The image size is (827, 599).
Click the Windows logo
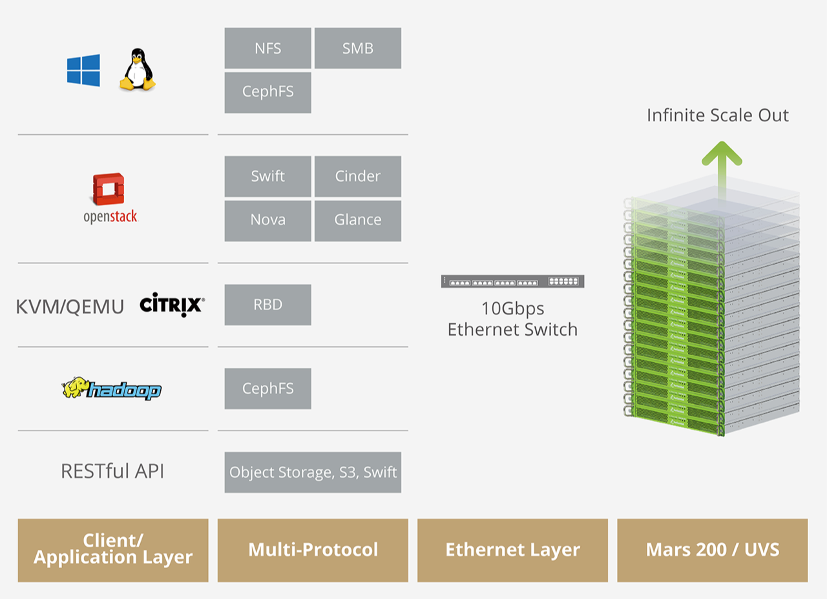(x=83, y=70)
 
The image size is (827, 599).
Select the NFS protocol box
(x=267, y=48)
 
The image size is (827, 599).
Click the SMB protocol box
(x=357, y=48)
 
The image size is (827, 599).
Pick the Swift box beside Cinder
(x=267, y=176)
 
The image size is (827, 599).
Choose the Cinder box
(x=357, y=176)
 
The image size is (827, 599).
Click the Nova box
(x=267, y=220)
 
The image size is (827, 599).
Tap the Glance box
(x=357, y=220)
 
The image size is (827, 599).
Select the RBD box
(x=267, y=304)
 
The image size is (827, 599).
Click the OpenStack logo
(x=110, y=198)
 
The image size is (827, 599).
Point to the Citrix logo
(x=172, y=305)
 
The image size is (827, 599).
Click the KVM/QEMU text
(x=70, y=307)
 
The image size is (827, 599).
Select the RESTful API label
(x=112, y=471)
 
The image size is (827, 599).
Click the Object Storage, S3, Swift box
(x=313, y=472)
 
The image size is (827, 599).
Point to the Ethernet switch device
(x=512, y=281)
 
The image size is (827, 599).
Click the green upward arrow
(x=722, y=161)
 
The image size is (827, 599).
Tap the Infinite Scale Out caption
(x=718, y=116)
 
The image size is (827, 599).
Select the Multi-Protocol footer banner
(x=313, y=550)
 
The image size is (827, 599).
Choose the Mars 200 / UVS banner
(x=712, y=550)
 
